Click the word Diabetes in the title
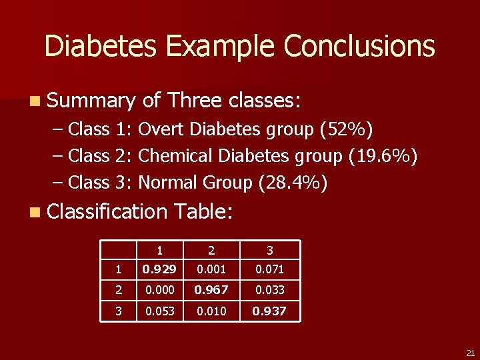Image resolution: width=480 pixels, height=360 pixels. (x=101, y=47)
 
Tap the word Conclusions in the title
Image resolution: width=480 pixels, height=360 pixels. (x=359, y=47)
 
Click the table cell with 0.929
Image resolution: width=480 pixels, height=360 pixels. (x=160, y=269)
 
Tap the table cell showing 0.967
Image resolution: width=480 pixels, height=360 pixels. (x=211, y=290)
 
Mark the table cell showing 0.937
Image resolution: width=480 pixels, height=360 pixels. (x=270, y=311)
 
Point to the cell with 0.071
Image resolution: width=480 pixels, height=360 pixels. (x=270, y=269)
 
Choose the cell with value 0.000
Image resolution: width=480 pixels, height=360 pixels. (x=160, y=290)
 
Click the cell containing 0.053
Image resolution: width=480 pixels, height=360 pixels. (x=160, y=311)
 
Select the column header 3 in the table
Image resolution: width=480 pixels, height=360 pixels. (x=270, y=251)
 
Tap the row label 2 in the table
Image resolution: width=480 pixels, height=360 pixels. (x=119, y=290)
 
